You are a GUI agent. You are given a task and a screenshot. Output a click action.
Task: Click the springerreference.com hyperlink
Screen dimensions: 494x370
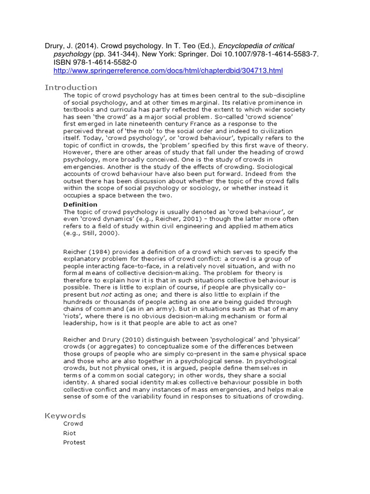click(x=168, y=71)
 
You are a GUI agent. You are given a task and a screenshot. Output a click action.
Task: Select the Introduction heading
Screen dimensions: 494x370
click(x=71, y=87)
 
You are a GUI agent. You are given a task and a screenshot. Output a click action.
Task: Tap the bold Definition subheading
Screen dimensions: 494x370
click(x=80, y=205)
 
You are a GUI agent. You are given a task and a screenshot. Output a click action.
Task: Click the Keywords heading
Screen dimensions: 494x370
click(x=65, y=415)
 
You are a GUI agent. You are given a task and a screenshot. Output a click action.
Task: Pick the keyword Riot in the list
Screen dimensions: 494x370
click(x=69, y=433)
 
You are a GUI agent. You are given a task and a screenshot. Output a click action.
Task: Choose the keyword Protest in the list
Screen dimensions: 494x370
click(x=74, y=442)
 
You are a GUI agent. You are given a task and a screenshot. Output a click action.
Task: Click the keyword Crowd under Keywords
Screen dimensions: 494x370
click(x=73, y=424)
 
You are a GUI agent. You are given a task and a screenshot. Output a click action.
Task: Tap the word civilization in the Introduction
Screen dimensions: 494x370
click(x=272, y=131)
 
